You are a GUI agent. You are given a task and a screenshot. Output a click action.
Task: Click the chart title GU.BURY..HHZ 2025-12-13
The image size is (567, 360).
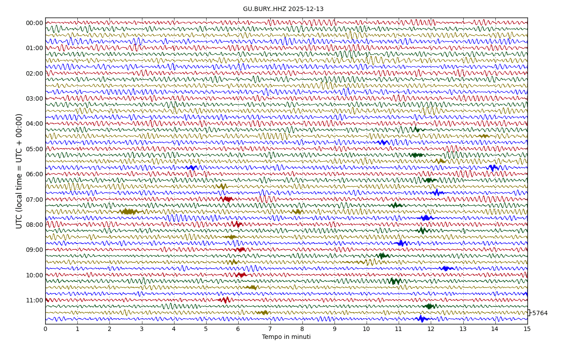coord(283,9)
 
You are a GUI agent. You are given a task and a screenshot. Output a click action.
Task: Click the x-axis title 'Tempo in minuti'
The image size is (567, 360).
coord(286,337)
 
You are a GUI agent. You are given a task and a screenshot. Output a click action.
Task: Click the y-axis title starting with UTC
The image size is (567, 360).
coord(19,171)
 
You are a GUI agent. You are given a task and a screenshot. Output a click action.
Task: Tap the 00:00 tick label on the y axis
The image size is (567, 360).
coord(34,23)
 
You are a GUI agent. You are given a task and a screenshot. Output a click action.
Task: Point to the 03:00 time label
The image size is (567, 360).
coord(34,98)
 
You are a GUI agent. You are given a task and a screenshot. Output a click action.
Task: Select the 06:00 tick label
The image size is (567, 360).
coord(34,174)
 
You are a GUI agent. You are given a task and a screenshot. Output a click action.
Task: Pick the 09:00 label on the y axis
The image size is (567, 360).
coord(34,250)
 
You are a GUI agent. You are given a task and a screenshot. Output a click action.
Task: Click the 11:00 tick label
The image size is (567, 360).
coord(34,300)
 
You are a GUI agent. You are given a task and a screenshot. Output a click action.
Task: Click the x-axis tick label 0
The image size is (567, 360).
coord(45,329)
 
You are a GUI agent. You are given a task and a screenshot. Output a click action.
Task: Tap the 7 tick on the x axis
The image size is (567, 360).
coord(270,329)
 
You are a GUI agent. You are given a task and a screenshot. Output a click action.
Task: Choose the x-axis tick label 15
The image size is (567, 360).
coord(527,329)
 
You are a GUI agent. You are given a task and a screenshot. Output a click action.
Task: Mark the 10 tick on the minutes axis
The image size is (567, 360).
coord(366,329)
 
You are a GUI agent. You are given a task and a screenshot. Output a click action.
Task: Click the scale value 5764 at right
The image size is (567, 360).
coord(540,313)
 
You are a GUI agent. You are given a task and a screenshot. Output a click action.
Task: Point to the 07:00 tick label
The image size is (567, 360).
coord(34,200)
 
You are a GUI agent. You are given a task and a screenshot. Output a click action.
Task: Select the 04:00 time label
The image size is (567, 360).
coord(34,124)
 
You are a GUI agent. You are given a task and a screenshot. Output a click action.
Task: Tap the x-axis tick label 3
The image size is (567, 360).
coord(142,329)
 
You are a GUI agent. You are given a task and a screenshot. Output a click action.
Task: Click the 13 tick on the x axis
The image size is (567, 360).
coord(463,329)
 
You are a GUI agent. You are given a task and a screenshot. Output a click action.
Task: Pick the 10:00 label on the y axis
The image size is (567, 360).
coord(34,275)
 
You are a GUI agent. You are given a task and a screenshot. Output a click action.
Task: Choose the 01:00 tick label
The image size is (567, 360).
coord(34,48)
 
